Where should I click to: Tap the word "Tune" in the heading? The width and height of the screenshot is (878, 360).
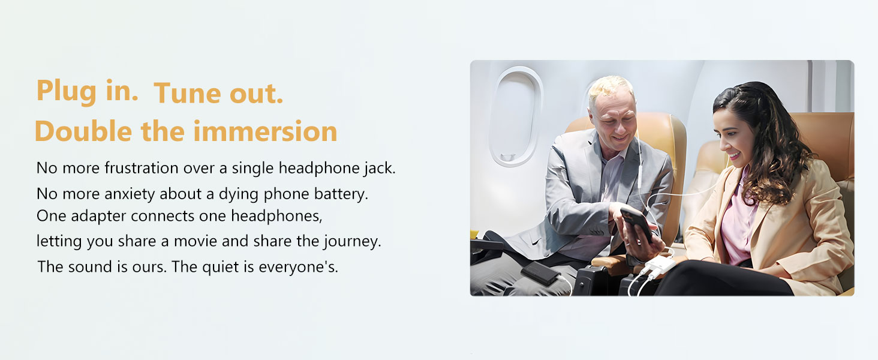pyautogui.click(x=185, y=94)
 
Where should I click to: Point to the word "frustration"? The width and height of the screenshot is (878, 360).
pyautogui.click(x=142, y=169)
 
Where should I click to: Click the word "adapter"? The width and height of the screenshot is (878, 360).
pyautogui.click(x=98, y=215)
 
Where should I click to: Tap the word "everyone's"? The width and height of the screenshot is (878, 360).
pyautogui.click(x=298, y=266)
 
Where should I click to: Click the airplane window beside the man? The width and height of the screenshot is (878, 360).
pyautogui.click(x=515, y=115)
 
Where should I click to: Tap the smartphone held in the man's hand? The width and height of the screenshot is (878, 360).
pyautogui.click(x=636, y=222)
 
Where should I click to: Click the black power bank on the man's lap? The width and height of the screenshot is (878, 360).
pyautogui.click(x=540, y=273)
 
